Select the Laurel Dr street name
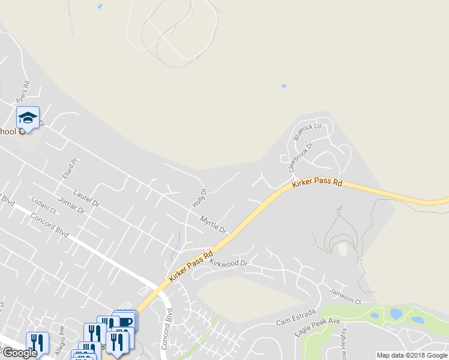coord(86,199)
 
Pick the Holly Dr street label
coord(199,199)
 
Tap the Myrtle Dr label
coord(213,226)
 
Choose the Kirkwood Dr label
coord(229,263)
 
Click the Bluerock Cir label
coord(308,131)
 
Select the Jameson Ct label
coord(345,296)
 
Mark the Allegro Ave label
coord(60,340)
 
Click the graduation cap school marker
coord(28,118)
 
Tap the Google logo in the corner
coord(20,353)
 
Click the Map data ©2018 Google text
coord(412,355)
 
